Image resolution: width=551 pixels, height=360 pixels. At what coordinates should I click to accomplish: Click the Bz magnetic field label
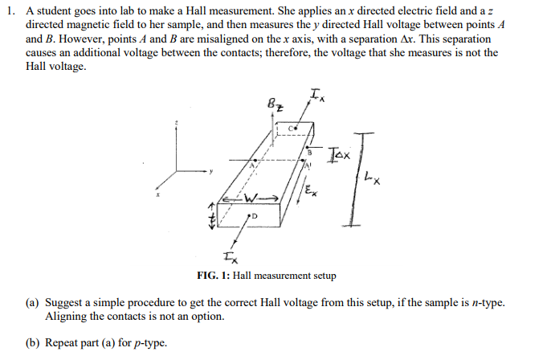[x=275, y=104]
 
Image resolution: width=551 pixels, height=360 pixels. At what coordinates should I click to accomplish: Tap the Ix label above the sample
[x=317, y=95]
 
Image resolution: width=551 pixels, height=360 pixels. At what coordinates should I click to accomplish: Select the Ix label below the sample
[x=231, y=259]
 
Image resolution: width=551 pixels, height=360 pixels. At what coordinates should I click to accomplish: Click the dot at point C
[x=296, y=129]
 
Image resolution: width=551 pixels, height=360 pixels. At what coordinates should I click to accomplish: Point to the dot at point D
[x=249, y=215]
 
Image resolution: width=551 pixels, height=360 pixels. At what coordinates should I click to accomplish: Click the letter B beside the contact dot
[x=309, y=153]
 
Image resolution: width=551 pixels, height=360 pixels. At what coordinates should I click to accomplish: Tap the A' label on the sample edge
[x=308, y=166]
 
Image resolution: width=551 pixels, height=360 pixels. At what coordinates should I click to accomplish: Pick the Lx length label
[x=372, y=178]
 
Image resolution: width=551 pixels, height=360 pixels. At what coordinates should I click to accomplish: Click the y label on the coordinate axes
[x=211, y=172]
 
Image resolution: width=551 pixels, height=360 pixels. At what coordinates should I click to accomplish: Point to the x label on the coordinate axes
[x=158, y=194]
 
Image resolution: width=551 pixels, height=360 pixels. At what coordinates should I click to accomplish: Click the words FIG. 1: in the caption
[x=214, y=276]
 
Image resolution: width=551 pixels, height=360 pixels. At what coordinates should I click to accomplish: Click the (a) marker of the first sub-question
[x=32, y=303]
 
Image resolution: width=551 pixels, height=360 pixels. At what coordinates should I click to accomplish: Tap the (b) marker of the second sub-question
[x=33, y=343]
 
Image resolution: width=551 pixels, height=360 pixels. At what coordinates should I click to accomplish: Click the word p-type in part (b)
[x=150, y=343]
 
